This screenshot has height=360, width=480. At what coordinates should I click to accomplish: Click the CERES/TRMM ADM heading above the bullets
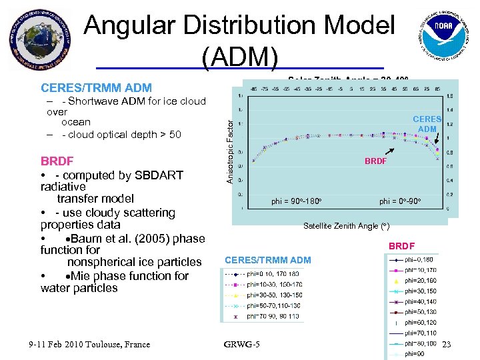[x=96, y=87]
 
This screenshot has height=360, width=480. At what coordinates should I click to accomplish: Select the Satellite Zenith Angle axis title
[x=346, y=225]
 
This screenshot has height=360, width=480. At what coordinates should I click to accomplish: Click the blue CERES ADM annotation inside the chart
[x=427, y=124]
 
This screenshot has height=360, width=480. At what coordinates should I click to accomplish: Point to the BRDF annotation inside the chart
[x=375, y=161]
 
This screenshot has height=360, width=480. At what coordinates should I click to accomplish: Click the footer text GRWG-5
[x=242, y=345]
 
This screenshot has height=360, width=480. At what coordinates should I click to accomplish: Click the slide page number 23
[x=447, y=344]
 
